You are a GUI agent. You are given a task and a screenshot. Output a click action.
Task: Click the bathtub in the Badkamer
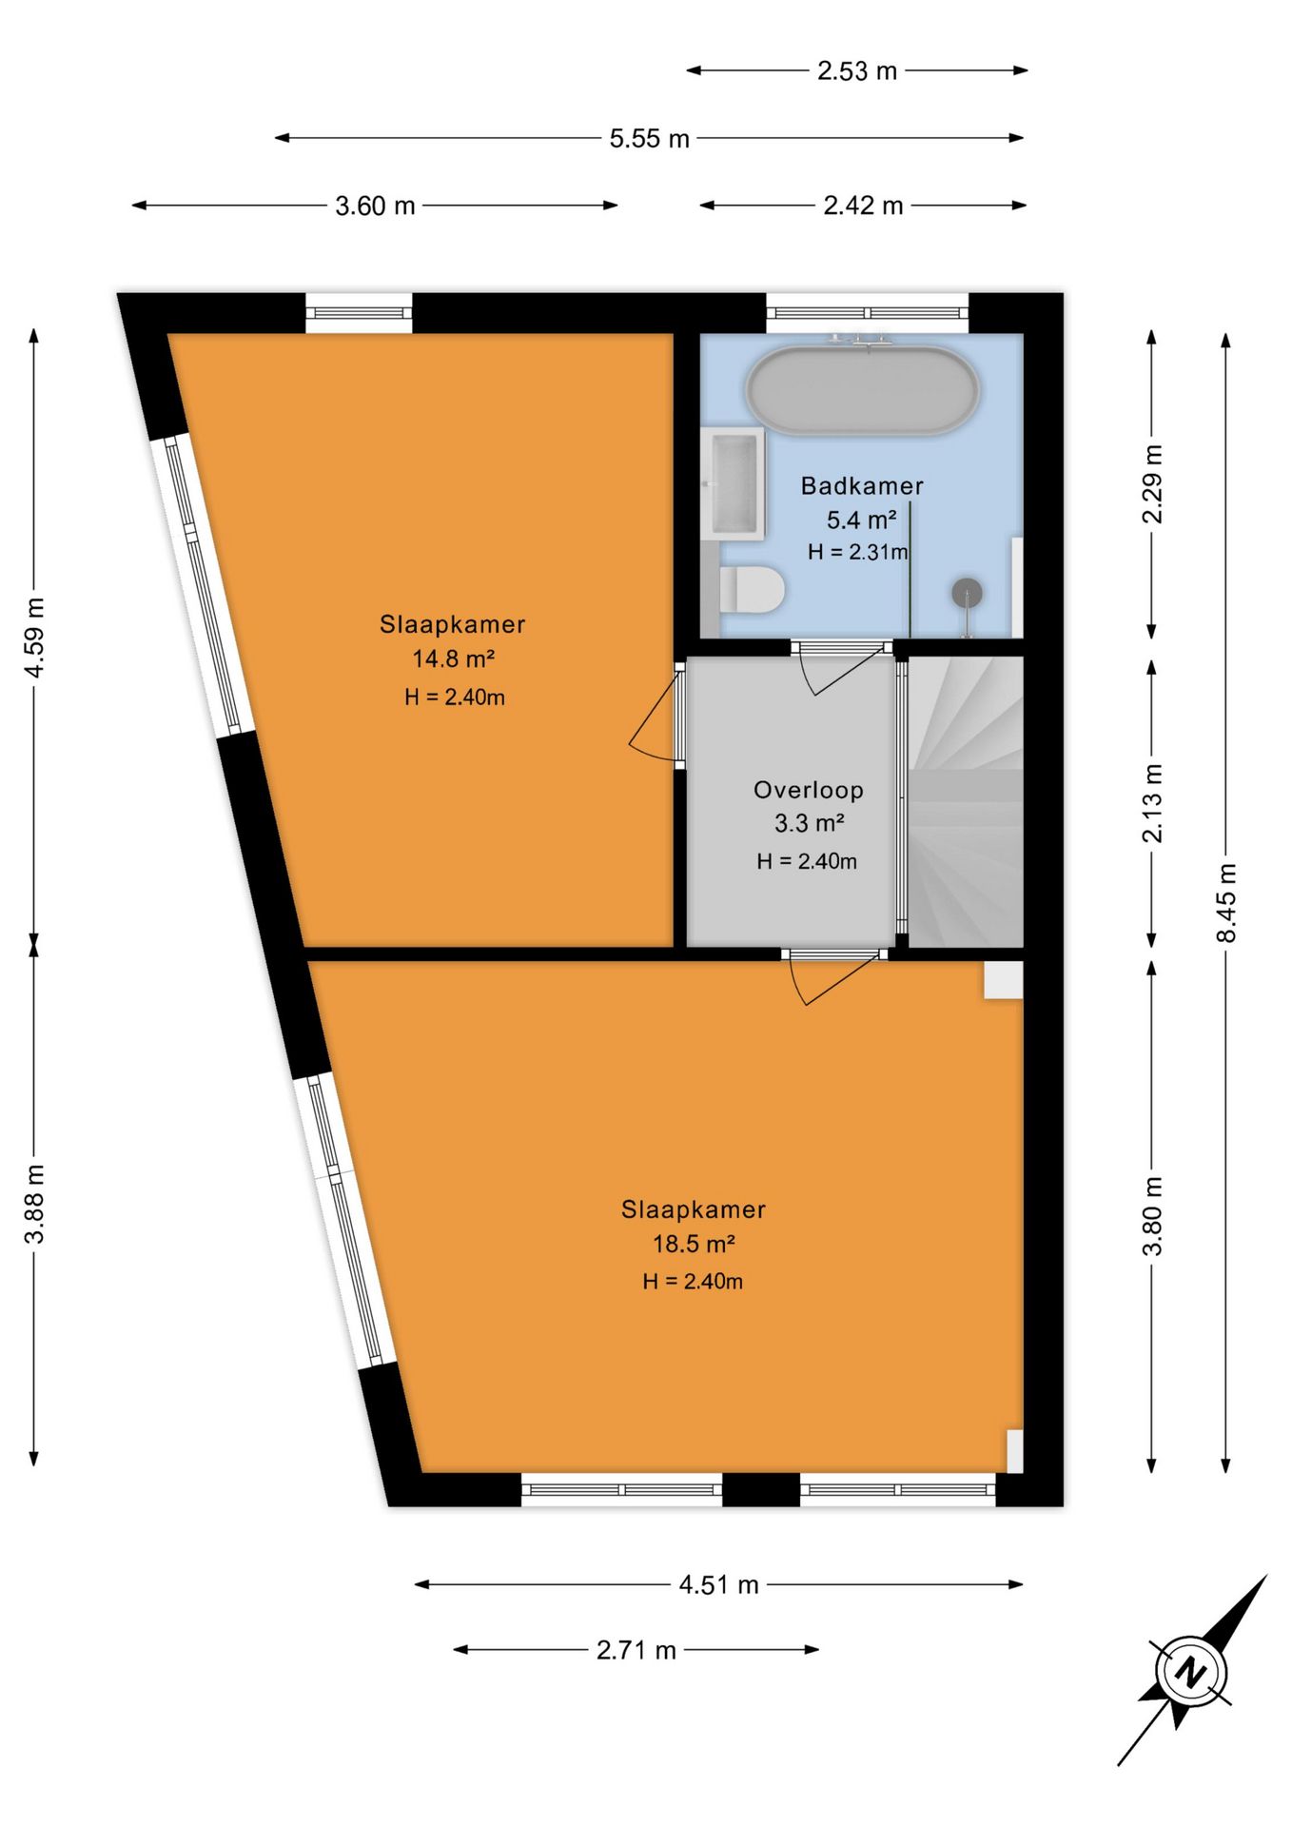pyautogui.click(x=862, y=391)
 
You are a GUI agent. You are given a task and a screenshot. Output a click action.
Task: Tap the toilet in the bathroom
pyautogui.click(x=751, y=589)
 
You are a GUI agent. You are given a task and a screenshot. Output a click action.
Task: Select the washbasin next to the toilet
pyautogui.click(x=733, y=483)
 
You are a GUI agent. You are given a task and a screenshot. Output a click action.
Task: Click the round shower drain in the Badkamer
pyautogui.click(x=967, y=593)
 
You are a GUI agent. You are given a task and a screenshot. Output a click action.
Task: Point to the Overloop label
pyautogui.click(x=809, y=790)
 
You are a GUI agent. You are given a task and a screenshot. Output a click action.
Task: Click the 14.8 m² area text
pyautogui.click(x=453, y=658)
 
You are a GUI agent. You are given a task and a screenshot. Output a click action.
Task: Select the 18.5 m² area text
pyautogui.click(x=694, y=1244)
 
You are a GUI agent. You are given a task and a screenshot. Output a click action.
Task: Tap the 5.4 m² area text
pyautogui.click(x=861, y=520)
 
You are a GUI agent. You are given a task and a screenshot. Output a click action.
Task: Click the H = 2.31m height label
pyautogui.click(x=857, y=552)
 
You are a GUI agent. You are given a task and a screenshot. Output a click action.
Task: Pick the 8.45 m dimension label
pyautogui.click(x=1226, y=903)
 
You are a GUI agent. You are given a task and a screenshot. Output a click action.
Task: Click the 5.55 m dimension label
pyautogui.click(x=650, y=139)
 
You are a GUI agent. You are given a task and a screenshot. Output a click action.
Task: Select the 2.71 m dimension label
pyautogui.click(x=636, y=1650)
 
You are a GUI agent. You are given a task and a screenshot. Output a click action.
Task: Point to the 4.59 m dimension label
pyautogui.click(x=34, y=638)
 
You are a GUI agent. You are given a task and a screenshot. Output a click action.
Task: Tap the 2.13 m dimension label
pyautogui.click(x=1152, y=803)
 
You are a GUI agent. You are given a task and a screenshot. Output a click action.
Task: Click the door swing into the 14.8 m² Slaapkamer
pyautogui.click(x=655, y=716)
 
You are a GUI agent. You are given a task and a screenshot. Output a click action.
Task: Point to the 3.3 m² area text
pyautogui.click(x=810, y=823)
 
